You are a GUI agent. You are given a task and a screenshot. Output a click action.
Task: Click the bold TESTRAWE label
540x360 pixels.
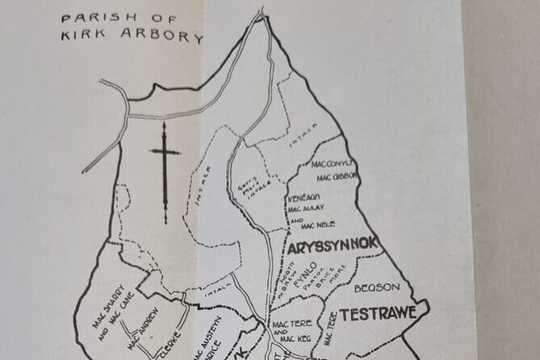click(378, 312)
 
